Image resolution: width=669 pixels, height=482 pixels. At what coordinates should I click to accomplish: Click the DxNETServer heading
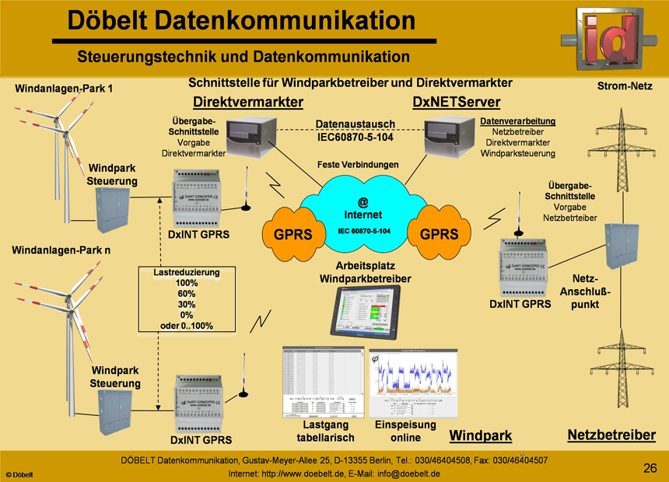[x=456, y=103]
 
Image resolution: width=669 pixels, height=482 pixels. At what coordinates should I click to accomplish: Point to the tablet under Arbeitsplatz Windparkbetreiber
[x=370, y=313]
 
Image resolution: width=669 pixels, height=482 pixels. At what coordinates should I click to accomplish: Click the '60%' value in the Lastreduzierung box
[x=186, y=294]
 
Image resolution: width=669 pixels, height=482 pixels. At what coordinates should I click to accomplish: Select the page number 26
[x=651, y=467]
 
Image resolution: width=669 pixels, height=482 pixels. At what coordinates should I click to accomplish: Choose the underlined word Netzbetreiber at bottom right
[x=611, y=435]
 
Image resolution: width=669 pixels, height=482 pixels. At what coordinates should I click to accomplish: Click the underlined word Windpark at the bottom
[x=481, y=435]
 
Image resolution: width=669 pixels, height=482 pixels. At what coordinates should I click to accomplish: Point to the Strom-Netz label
[x=625, y=86]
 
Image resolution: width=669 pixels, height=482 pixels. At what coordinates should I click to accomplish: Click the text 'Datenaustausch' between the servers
[x=356, y=124]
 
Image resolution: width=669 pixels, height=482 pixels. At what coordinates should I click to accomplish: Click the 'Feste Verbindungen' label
[x=359, y=165]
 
